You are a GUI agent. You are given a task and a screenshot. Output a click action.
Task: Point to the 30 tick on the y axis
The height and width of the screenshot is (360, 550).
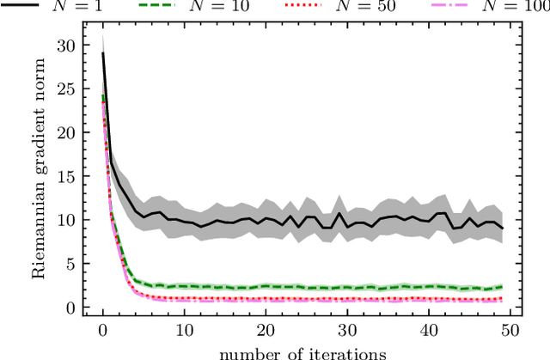[x=64, y=45]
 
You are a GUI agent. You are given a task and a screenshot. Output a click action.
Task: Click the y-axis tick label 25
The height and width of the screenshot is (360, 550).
[x=64, y=88]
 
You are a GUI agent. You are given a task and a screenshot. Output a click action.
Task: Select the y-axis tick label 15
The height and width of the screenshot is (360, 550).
[x=64, y=176]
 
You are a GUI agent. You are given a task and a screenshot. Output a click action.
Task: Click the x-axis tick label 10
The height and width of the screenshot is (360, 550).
[x=184, y=331]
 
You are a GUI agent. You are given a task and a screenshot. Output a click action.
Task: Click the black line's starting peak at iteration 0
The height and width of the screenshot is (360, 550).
[x=103, y=52]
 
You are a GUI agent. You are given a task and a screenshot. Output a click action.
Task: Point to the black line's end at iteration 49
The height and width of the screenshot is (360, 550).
[x=501, y=229]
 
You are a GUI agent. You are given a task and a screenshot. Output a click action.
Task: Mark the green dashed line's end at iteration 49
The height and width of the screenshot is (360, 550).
[x=501, y=287]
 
